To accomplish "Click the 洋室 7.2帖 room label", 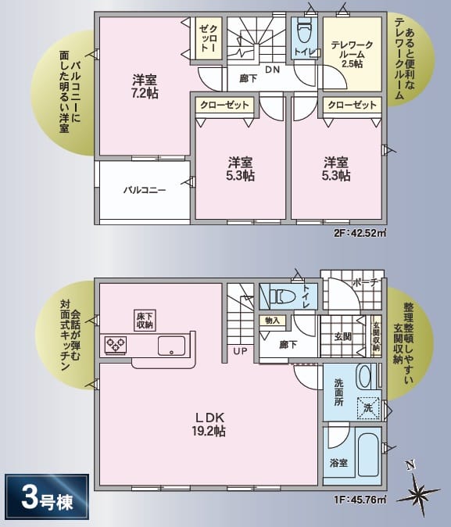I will pyautogui.click(x=145, y=87).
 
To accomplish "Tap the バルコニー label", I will pyautogui.click(x=144, y=190).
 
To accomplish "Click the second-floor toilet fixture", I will pyautogui.click(x=302, y=34).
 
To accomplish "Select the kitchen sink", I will pyautogui.click(x=171, y=345).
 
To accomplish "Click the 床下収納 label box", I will pyautogui.click(x=145, y=319).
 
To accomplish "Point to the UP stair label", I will pyautogui.click(x=239, y=351).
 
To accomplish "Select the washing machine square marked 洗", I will pyautogui.click(x=368, y=407).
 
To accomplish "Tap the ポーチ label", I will pyautogui.click(x=365, y=282).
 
